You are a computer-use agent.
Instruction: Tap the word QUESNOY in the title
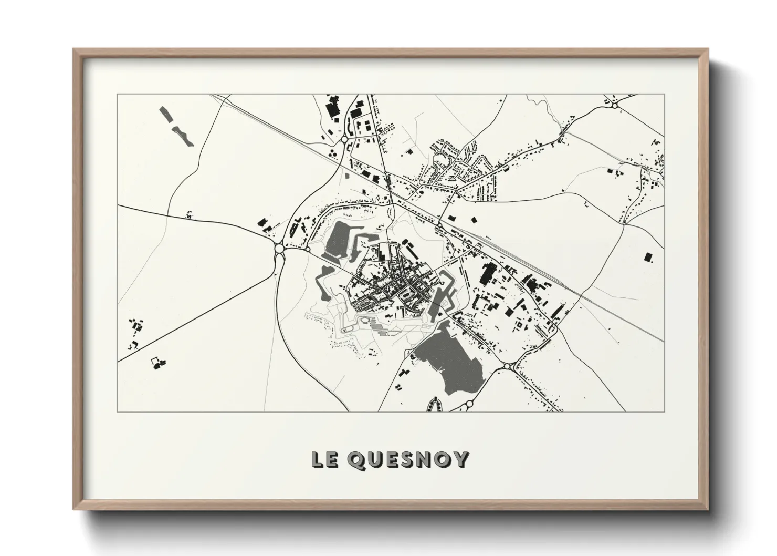click(x=407, y=460)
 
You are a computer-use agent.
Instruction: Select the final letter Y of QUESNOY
click(x=460, y=460)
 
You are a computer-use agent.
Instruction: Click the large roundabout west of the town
click(x=279, y=248)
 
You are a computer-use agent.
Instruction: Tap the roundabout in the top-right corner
click(x=614, y=106)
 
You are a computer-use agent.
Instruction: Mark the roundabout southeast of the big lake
click(x=507, y=365)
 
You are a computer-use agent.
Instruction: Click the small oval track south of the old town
click(x=346, y=330)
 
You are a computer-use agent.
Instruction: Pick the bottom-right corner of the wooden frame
click(x=707, y=510)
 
